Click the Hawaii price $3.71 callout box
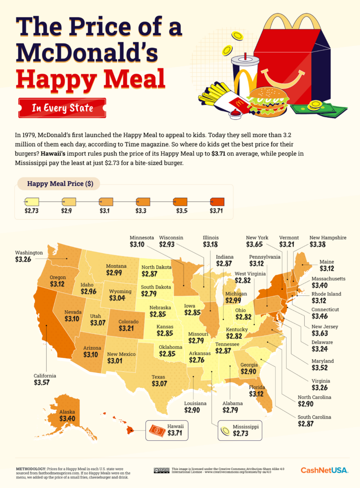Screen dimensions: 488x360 pos(166,430)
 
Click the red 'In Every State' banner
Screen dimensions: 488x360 pos(62,108)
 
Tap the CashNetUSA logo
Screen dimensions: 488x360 pos(324,470)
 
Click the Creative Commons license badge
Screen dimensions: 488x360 pos(162,470)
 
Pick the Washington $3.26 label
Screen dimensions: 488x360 pos(29,260)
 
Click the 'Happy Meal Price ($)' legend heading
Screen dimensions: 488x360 pos(60,184)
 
